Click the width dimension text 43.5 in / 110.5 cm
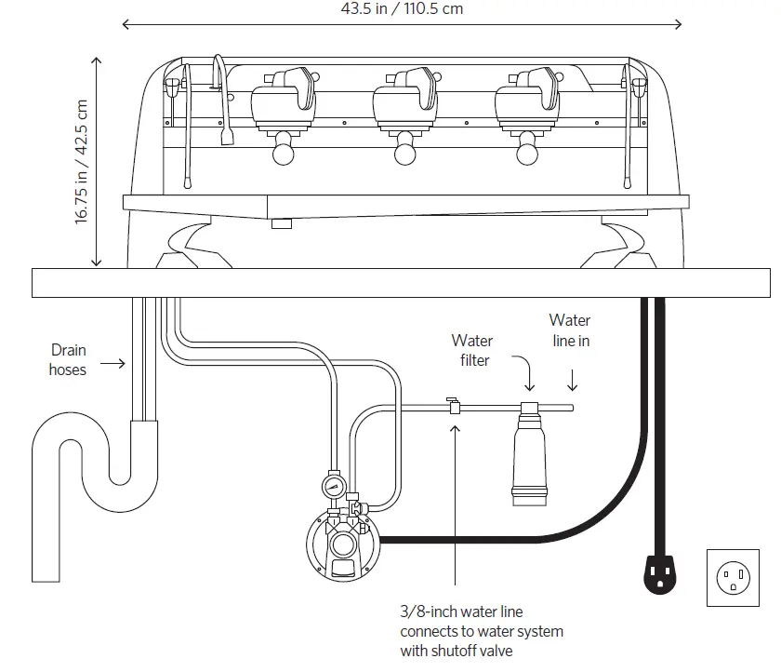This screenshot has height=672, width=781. [x=402, y=8]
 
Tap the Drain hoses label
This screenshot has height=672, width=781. [x=68, y=360]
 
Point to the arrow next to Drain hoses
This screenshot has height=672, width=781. [x=112, y=362]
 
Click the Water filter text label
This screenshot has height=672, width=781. [x=472, y=350]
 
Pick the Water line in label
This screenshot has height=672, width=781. [x=569, y=330]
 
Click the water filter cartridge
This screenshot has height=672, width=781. [x=530, y=455]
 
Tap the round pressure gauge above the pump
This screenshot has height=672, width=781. [x=334, y=487]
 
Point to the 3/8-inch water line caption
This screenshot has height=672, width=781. [x=481, y=631]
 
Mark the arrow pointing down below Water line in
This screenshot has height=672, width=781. [x=572, y=380]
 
